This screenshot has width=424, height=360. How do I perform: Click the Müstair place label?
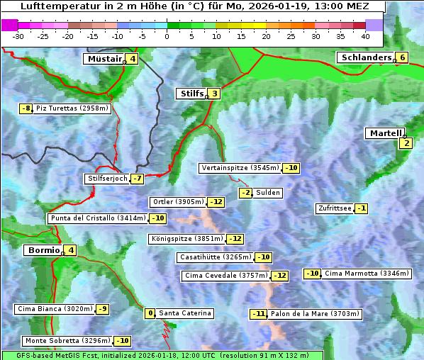coord(104,59)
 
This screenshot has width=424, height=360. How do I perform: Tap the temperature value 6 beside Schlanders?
coord(402,58)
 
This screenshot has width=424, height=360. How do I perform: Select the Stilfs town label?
coord(191,94)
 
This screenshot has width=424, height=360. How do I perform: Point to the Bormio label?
coord(43,250)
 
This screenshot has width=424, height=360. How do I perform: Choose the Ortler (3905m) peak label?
coord(179,202)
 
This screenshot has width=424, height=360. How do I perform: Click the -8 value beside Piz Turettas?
coord(26,108)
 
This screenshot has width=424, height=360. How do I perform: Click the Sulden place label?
coord(268,193)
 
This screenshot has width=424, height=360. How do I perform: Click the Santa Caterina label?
coord(184,313)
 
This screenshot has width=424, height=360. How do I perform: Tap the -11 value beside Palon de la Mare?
coord(259,314)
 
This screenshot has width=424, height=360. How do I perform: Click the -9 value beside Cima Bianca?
coord(103,309)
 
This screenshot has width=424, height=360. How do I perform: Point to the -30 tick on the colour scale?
coord(18,36)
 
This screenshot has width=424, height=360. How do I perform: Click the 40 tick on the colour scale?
coord(365,36)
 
